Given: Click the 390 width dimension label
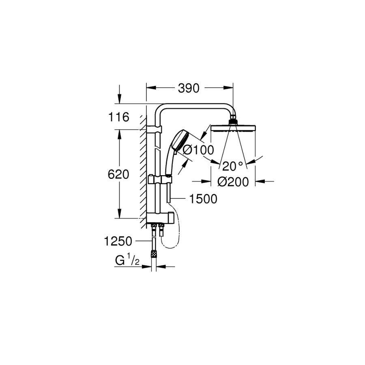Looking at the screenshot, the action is tap(189, 88).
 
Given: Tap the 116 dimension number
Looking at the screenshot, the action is tap(118, 117).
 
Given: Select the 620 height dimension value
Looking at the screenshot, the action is tap(118, 174).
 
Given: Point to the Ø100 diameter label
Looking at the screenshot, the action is tap(198, 150).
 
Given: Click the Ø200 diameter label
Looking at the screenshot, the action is tap(233, 182).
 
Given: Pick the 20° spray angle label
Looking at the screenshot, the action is tap(232, 166).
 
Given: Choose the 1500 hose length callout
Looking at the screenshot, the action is tap(203, 199).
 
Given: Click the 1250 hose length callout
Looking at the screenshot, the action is tap(118, 241).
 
